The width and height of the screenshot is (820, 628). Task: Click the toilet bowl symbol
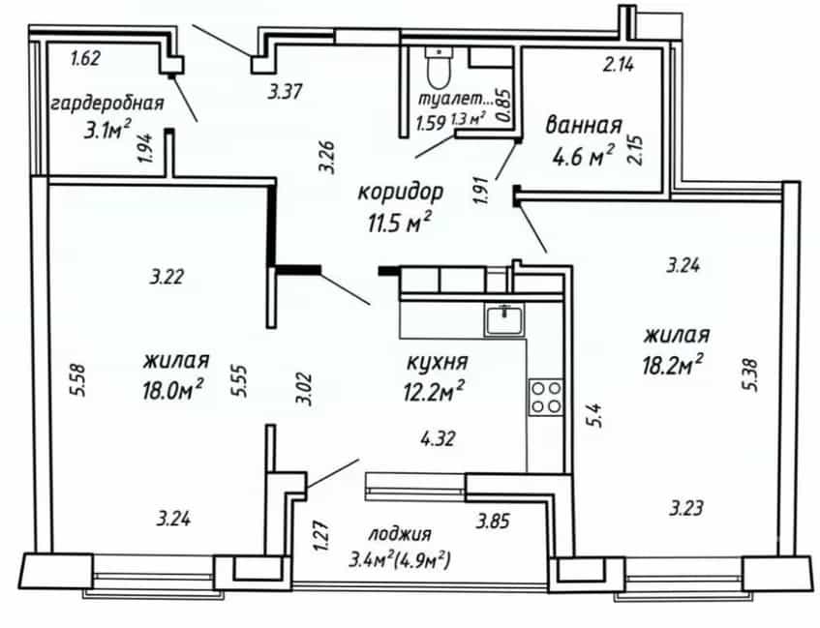point(439,68)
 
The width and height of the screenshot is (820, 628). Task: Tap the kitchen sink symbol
point(504,320)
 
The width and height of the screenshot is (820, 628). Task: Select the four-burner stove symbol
point(546,397)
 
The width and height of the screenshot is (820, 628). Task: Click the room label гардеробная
point(107,103)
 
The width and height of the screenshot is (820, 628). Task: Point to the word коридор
point(401,192)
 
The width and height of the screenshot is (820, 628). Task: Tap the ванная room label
point(584,126)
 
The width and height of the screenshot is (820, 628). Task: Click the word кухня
point(438,362)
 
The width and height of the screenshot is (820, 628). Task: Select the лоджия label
point(400,534)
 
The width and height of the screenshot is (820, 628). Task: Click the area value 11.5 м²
point(400,224)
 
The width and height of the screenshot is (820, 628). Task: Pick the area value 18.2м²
point(673,365)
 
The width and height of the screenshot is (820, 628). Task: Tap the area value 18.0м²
point(172,389)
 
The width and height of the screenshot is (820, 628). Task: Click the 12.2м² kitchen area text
point(434,391)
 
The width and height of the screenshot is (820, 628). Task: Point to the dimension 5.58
point(79,380)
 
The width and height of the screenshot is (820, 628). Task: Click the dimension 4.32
point(439,438)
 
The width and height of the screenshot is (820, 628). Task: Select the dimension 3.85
point(492,521)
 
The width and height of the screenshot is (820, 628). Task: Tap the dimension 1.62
point(85,58)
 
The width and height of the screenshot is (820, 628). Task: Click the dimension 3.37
point(285,92)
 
